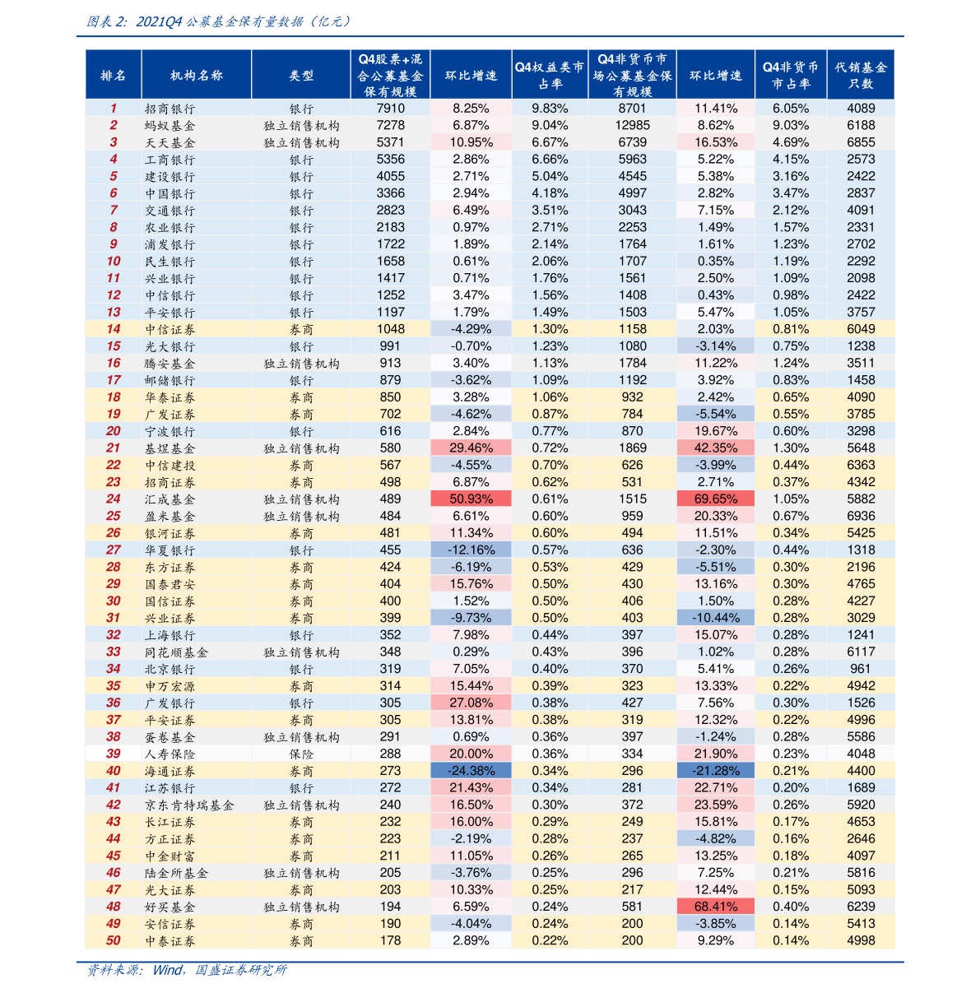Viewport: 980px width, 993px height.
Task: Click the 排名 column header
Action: [x=113, y=75]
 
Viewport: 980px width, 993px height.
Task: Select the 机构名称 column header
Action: [x=197, y=75]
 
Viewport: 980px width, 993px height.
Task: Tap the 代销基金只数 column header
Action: [x=861, y=75]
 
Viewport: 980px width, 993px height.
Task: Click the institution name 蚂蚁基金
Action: [x=170, y=125]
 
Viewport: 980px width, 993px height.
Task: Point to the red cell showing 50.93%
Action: [x=471, y=499]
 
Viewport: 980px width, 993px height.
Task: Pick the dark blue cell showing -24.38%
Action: [x=471, y=770]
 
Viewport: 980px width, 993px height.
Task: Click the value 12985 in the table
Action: [x=632, y=125]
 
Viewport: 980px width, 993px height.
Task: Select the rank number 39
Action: [x=113, y=754]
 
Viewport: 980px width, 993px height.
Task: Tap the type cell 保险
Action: [x=301, y=754]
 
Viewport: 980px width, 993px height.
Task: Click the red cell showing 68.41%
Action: [x=716, y=907]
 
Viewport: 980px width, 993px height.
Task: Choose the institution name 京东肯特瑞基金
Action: [x=189, y=805]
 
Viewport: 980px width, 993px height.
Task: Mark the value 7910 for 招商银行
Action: [x=390, y=109]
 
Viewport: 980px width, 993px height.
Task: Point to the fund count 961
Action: [x=861, y=668]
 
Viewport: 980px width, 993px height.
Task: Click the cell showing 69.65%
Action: [x=716, y=499]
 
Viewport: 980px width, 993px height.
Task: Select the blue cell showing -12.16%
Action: [x=471, y=550]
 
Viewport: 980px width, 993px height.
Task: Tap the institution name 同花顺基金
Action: [x=176, y=652]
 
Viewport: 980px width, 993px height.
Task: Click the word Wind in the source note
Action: [x=167, y=970]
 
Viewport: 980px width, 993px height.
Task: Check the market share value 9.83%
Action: [x=550, y=109]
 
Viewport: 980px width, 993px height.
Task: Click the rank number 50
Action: [x=113, y=940]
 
